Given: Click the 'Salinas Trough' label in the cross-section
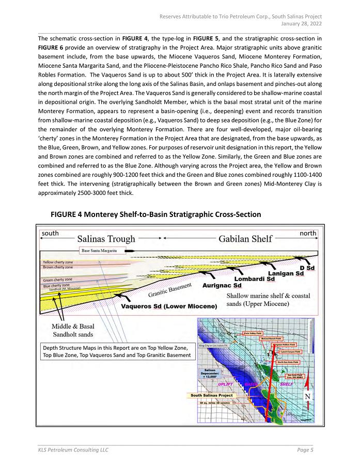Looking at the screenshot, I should click(x=106, y=239).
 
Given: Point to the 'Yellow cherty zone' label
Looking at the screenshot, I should click(x=58, y=262).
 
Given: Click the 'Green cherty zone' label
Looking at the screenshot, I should click(x=57, y=279).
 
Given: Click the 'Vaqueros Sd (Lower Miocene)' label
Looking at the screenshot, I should click(x=168, y=306).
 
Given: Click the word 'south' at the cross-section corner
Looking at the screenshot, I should click(x=50, y=234).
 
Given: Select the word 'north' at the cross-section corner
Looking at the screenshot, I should click(x=308, y=234).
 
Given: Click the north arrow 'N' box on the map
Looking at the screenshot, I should click(x=308, y=397).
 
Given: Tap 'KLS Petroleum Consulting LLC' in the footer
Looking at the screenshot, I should click(x=73, y=450).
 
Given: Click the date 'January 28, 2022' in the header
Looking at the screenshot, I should click(x=301, y=23).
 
